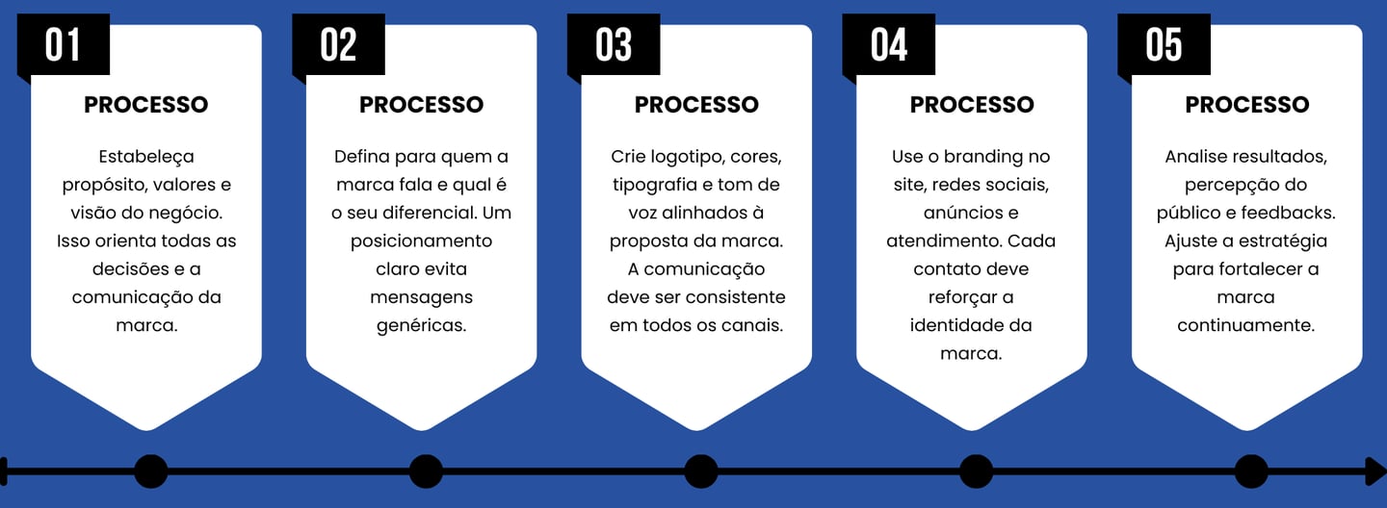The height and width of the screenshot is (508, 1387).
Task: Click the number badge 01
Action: (x=63, y=45)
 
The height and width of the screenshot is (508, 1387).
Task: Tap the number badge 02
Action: (x=338, y=45)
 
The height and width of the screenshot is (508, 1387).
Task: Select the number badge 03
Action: (x=614, y=45)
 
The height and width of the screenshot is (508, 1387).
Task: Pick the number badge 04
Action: (x=889, y=45)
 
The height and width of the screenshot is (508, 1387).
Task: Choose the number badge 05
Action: (x=1164, y=45)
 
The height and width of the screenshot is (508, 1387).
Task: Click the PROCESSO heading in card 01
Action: (x=146, y=105)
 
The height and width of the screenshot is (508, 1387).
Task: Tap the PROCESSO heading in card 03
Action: (x=696, y=105)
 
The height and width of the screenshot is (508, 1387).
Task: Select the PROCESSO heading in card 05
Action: (x=1246, y=105)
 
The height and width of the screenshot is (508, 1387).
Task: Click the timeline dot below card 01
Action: (x=150, y=471)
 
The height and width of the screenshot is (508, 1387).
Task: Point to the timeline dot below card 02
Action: (x=426, y=471)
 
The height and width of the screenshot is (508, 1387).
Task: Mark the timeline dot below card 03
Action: (x=701, y=471)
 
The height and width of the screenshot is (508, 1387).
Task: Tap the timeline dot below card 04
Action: (x=976, y=471)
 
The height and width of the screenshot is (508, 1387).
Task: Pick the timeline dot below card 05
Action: (x=1251, y=471)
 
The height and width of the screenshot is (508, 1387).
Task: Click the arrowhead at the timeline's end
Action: (x=1376, y=471)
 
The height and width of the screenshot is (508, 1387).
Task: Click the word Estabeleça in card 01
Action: (x=146, y=156)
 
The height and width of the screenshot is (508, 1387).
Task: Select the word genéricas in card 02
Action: (x=421, y=325)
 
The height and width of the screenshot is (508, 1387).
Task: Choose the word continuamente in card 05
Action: (x=1245, y=325)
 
